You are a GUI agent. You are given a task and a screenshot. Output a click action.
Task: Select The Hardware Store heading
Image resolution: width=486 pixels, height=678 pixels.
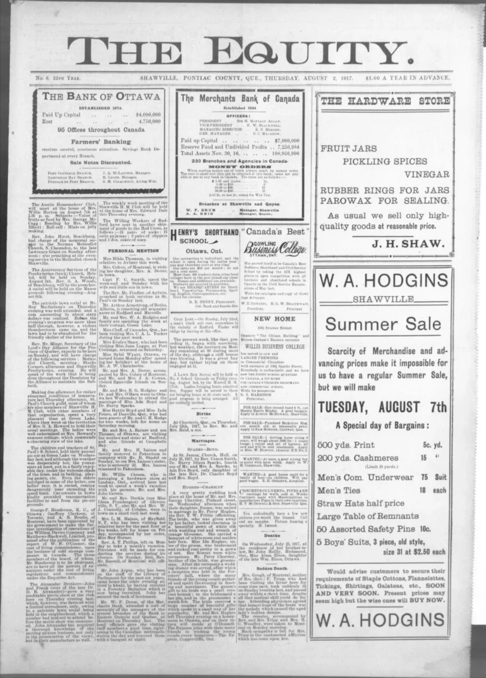point(384,101)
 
